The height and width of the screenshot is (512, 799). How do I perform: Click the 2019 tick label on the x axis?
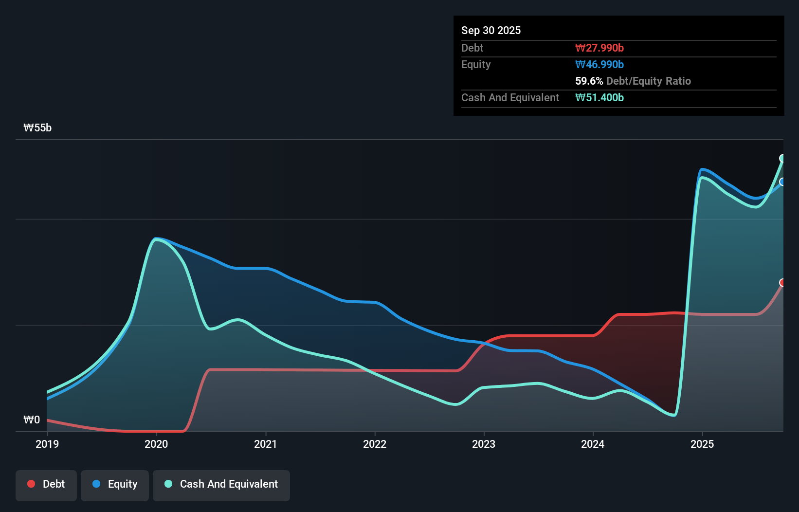(x=47, y=444)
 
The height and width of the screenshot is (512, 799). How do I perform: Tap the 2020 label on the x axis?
(x=156, y=444)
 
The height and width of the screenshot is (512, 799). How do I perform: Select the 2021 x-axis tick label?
(x=265, y=444)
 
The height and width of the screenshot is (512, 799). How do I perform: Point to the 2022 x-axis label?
(x=375, y=444)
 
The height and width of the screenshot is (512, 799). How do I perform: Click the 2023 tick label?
(x=484, y=444)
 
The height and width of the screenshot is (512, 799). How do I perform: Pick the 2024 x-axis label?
(x=593, y=444)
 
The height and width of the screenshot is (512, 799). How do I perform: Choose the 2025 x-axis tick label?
(x=702, y=444)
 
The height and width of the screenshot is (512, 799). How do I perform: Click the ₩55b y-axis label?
(x=37, y=128)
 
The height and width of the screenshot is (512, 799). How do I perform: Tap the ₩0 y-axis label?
(x=32, y=420)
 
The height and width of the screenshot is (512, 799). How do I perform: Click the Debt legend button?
(x=46, y=484)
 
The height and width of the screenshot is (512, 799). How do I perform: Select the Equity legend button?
(x=115, y=484)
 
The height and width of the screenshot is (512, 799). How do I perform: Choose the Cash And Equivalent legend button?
(x=221, y=484)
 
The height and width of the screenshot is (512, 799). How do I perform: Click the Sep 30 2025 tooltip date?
(x=491, y=30)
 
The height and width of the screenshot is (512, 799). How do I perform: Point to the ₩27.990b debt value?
(x=599, y=48)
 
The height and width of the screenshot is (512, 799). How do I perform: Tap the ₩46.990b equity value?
(x=599, y=64)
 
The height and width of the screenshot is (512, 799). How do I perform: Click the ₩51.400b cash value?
(x=599, y=97)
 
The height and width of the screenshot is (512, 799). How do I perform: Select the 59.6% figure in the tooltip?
(x=589, y=81)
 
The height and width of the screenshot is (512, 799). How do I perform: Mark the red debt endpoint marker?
(x=782, y=283)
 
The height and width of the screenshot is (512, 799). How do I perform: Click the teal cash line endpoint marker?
(x=782, y=158)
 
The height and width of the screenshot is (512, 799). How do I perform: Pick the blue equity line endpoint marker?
(x=782, y=182)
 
